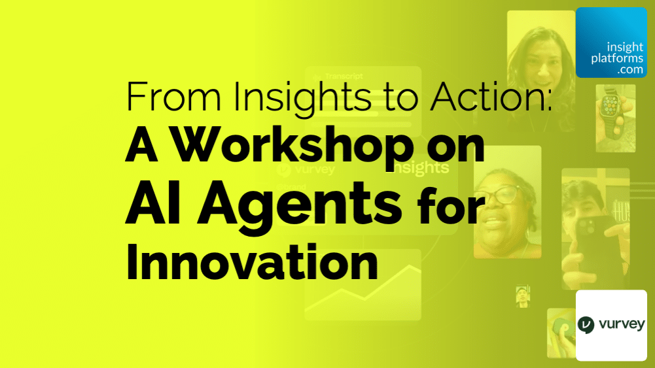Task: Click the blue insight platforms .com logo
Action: click(611, 42)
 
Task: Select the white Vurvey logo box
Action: click(611, 325)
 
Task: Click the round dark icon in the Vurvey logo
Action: click(586, 325)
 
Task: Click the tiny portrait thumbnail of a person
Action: click(522, 296)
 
